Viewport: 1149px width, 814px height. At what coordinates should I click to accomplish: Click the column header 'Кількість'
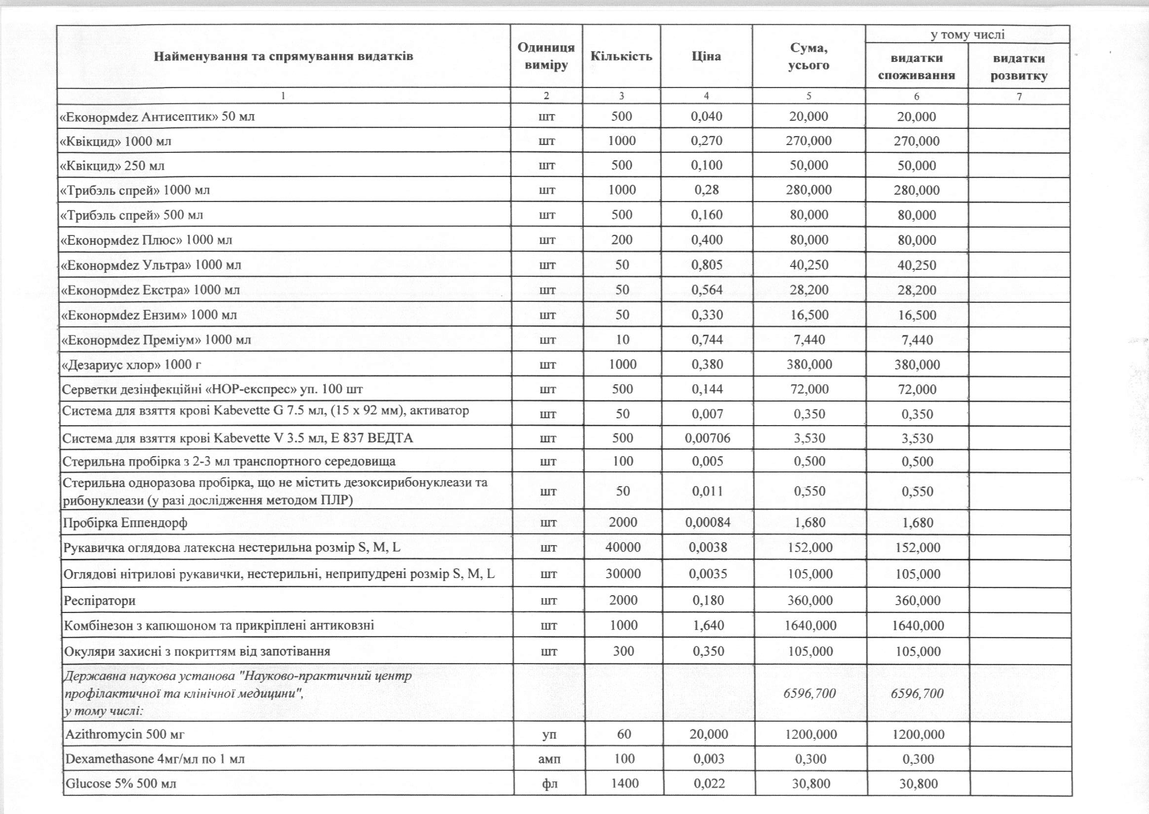pyautogui.click(x=621, y=56)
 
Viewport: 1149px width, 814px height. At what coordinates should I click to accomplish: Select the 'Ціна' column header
pyautogui.click(x=706, y=56)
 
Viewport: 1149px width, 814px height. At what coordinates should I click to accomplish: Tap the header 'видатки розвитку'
pyautogui.click(x=1019, y=67)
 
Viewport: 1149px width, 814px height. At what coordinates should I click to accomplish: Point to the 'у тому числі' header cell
pyautogui.click(x=967, y=34)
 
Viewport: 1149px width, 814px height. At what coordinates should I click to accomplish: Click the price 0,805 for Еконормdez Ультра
pyautogui.click(x=707, y=264)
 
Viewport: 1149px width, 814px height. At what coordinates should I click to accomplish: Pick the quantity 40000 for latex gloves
pyautogui.click(x=623, y=548)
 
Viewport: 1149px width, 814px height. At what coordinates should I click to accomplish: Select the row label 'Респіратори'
pyautogui.click(x=100, y=601)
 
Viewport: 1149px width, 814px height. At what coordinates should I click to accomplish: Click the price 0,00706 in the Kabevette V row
pyautogui.click(x=708, y=438)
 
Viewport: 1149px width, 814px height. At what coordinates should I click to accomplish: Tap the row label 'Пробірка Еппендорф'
pyautogui.click(x=125, y=523)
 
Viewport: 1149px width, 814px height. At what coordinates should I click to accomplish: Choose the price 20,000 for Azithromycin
pyautogui.click(x=709, y=734)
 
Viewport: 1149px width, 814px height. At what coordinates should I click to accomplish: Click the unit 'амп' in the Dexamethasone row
pyautogui.click(x=549, y=759)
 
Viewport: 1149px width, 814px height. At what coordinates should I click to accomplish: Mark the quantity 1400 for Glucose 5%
pyautogui.click(x=624, y=784)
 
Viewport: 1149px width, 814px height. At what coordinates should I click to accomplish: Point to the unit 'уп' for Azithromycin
pyautogui.click(x=549, y=734)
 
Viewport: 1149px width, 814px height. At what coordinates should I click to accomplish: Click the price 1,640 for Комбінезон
pyautogui.click(x=708, y=626)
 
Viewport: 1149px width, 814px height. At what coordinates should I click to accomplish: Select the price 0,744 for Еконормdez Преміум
pyautogui.click(x=707, y=340)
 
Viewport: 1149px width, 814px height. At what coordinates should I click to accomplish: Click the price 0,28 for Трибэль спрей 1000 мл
pyautogui.click(x=707, y=190)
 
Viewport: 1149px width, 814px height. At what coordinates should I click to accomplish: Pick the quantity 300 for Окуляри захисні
pyautogui.click(x=623, y=651)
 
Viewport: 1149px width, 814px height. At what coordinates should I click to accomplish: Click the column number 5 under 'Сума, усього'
pyautogui.click(x=808, y=96)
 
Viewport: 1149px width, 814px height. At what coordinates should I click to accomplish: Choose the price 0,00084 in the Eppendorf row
pyautogui.click(x=708, y=523)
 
